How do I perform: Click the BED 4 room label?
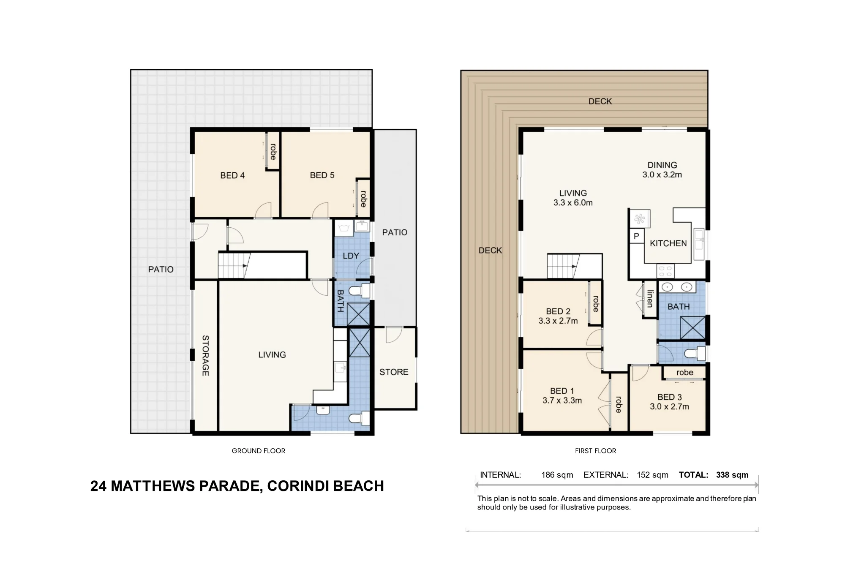pos(232,175)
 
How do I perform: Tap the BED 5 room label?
pos(322,175)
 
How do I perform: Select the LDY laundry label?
pos(351,256)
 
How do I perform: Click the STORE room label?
pos(394,372)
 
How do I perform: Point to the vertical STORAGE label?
pos(205,355)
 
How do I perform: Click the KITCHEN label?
pos(668,243)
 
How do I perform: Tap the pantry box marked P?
pos(636,236)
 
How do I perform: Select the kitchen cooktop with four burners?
pos(665,271)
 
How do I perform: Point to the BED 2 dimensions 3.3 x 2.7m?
pos(558,321)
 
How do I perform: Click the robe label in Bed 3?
pos(685,373)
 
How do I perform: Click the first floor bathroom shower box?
pos(692,327)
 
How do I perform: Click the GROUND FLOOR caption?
pos(259,451)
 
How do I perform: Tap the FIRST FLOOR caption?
pos(596,451)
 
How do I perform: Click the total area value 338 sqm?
pos(732,475)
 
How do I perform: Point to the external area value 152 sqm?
pos(653,475)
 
